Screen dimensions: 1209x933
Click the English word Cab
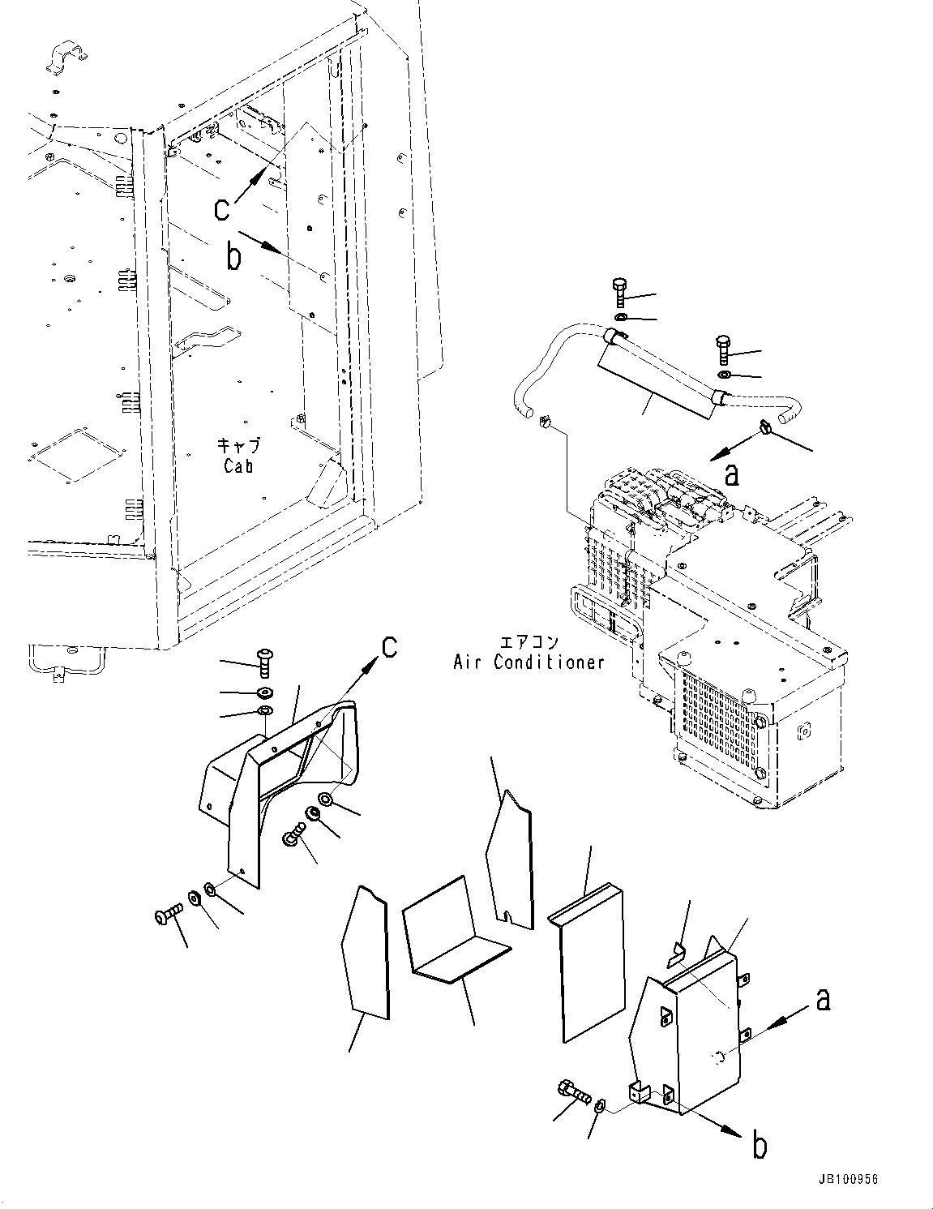238,466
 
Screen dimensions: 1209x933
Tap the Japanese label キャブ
238,445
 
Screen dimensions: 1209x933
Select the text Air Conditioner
529,662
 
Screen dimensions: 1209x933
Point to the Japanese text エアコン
529,642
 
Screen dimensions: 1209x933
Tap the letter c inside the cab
222,208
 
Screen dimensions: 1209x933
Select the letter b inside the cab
233,257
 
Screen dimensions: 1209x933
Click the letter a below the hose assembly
732,474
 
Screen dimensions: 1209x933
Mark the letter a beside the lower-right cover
823,1001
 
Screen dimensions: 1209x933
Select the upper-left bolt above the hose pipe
620,290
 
